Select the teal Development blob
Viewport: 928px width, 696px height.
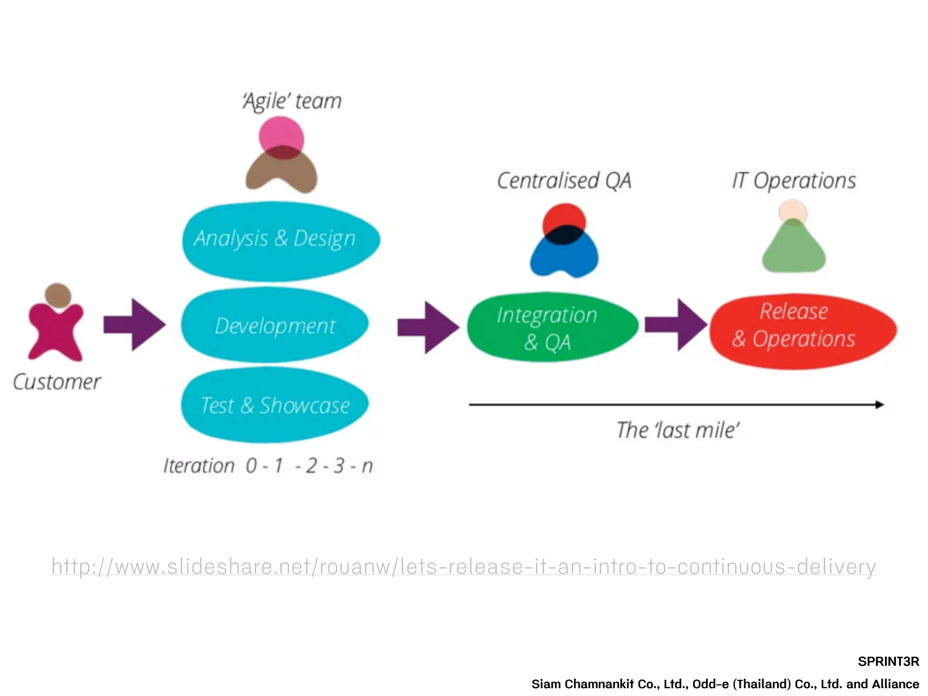[x=275, y=325]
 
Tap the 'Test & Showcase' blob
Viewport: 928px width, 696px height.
[x=275, y=405]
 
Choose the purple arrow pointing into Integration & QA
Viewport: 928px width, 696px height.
[x=428, y=327]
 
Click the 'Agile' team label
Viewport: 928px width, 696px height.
[x=292, y=101]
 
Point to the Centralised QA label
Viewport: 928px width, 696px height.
[x=564, y=180]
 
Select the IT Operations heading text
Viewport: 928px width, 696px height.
[x=794, y=180]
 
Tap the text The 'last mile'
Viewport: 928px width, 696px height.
[x=678, y=430]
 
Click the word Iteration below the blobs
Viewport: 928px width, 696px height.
[x=198, y=466]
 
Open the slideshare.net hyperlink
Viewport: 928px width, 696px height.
[x=464, y=566]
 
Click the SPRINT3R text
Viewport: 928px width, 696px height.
[x=888, y=662]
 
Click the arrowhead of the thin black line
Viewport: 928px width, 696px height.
[x=880, y=404]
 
